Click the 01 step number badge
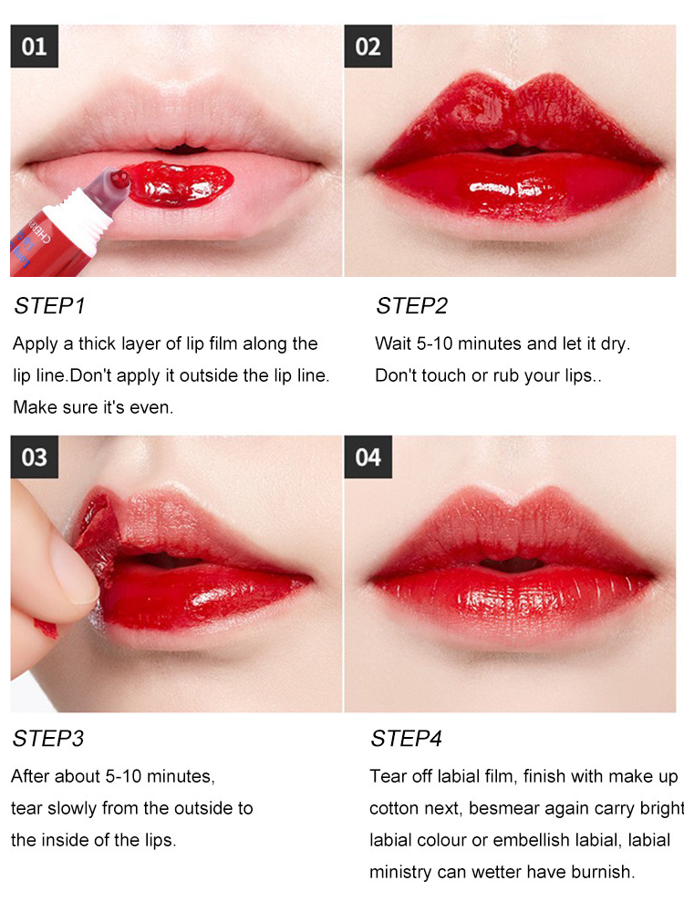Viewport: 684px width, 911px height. pos(35,46)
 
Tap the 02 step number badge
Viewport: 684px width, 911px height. pos(368,46)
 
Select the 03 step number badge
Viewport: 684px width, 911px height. pos(35,456)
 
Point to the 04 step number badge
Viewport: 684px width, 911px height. pos(368,456)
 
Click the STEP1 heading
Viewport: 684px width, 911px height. pos(50,306)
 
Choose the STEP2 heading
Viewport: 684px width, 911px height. pos(412,306)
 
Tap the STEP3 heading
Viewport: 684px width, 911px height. pos(48,739)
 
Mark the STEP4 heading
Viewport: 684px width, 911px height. pos(407,739)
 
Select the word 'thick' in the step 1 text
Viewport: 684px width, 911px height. pos(98,343)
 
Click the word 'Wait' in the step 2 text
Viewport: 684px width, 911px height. pos(393,343)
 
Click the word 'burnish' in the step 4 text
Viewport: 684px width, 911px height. pos(602,872)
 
